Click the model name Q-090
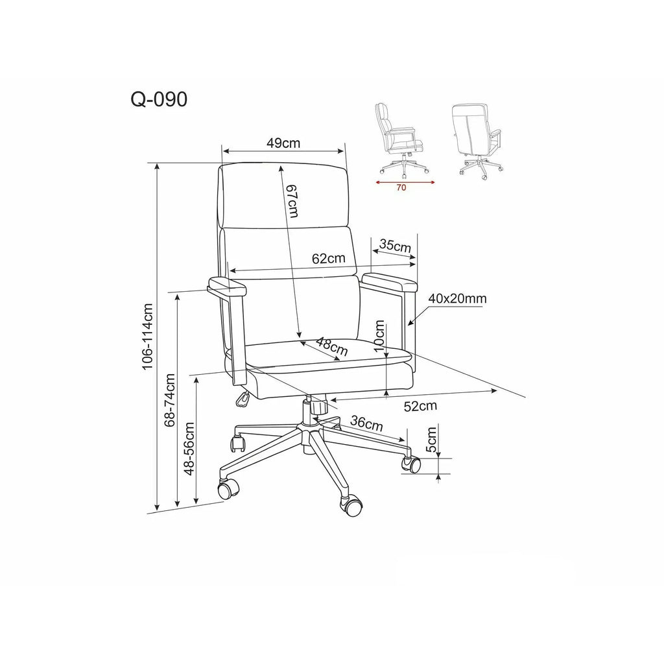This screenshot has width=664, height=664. tap(159, 100)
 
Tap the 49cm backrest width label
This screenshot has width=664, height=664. tap(283, 143)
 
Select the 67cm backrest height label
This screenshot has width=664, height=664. tap(291, 201)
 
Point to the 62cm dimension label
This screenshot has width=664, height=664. tap(329, 258)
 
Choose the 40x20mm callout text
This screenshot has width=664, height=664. tap(457, 298)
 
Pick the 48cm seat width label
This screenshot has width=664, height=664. tap(333, 347)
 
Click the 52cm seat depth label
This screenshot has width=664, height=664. tap(420, 406)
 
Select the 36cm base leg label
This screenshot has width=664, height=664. tap(367, 423)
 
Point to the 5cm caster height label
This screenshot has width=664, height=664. tap(431, 440)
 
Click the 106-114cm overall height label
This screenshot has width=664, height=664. tap(147, 337)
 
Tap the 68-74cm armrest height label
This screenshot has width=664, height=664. tap(170, 399)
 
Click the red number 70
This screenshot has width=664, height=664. tap(401, 187)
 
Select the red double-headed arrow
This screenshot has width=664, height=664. tap(405, 182)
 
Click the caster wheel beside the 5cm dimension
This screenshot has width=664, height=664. tap(411, 464)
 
